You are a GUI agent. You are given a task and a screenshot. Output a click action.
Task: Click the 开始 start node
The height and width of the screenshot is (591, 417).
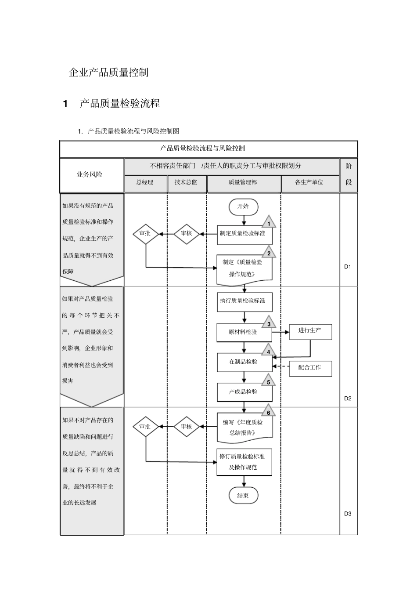point(243,207)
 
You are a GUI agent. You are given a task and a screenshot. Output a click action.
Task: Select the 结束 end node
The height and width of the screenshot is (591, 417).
point(243,496)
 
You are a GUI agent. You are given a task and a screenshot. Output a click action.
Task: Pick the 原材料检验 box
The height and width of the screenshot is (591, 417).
point(244,333)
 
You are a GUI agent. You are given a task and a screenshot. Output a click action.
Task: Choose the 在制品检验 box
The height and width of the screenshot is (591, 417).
point(244,362)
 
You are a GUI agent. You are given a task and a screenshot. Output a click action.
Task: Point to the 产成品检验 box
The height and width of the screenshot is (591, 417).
point(244,392)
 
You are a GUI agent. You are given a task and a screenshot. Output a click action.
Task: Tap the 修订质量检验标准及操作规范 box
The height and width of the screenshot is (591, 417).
point(244,462)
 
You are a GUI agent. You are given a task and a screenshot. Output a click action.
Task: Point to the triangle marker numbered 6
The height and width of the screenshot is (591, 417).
point(269,412)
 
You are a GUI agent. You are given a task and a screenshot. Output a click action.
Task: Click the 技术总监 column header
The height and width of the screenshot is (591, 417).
point(186,182)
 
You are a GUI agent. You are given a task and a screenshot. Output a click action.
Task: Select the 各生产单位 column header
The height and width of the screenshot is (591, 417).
point(309,182)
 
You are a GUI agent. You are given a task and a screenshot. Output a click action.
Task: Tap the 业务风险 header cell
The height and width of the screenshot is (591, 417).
point(90,175)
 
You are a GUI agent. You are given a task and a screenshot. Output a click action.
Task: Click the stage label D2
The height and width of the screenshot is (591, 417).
point(348,399)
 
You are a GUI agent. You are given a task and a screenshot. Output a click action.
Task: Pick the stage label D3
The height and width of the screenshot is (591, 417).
point(348,514)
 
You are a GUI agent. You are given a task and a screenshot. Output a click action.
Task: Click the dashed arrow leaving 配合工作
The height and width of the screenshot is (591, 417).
point(280,366)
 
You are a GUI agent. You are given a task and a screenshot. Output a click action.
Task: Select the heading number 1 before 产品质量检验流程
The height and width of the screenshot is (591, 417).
point(66,104)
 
